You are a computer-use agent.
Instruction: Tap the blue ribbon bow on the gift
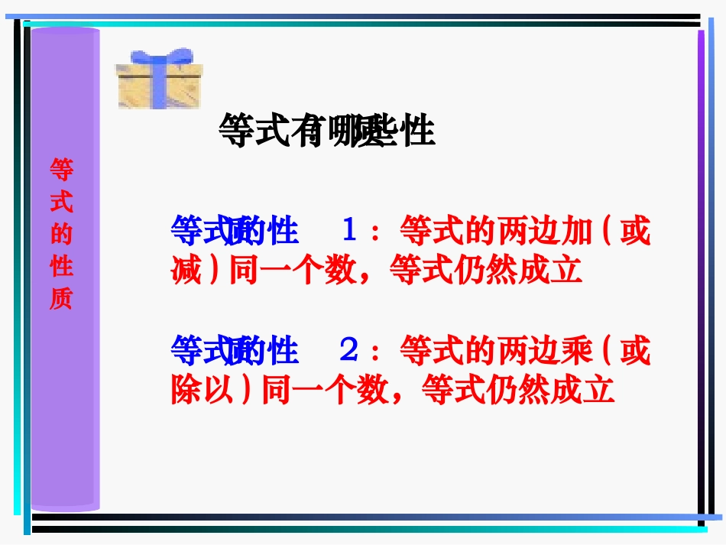[x=160, y=58]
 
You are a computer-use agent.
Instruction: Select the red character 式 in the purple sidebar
[x=61, y=203]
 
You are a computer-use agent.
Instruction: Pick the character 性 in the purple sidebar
[x=61, y=267]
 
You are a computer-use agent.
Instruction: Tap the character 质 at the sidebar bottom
[x=61, y=299]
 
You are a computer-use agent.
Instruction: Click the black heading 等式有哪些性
[x=326, y=131]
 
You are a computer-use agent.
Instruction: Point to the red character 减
[x=186, y=270]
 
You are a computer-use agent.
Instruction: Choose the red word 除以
[x=203, y=391]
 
